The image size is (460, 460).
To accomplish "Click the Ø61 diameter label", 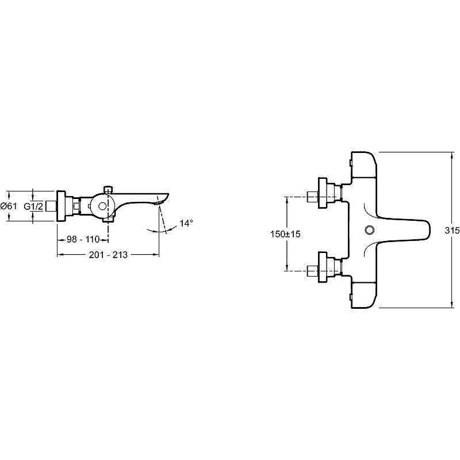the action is click(9, 206).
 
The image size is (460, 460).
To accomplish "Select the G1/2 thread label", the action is click(33, 206).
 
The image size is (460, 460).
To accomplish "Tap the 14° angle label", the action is click(186, 223).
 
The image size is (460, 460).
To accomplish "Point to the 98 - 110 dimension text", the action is click(83, 239).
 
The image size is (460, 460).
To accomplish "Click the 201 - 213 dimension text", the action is click(108, 255).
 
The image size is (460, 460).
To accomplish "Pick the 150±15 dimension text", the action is click(285, 234).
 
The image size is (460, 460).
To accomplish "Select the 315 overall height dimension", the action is click(452, 231).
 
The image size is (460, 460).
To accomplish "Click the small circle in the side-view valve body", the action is click(102, 206).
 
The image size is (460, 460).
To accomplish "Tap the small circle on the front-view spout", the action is click(369, 229).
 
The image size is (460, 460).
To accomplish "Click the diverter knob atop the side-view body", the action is click(109, 189).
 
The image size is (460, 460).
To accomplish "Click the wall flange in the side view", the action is click(61, 206).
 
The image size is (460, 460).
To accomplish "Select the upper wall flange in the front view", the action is click(323, 193).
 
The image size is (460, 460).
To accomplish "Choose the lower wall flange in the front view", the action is click(323, 267).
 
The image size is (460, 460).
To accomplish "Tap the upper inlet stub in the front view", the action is click(312, 196).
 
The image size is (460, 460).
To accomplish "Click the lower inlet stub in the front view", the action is click(312, 270).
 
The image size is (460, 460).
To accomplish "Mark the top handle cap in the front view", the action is click(363, 164).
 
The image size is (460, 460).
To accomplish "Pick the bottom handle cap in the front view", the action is click(363, 295).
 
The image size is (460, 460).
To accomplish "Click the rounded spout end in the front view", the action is click(423, 230).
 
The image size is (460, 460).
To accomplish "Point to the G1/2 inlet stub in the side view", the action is click(51, 206).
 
